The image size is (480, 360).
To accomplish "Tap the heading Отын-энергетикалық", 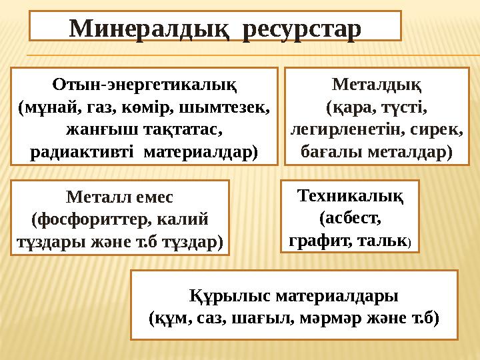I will (x=146, y=86).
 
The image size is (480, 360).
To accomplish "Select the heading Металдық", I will (x=376, y=86).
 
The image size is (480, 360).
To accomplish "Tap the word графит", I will (x=319, y=240).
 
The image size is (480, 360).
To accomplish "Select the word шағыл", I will (x=269, y=318).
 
